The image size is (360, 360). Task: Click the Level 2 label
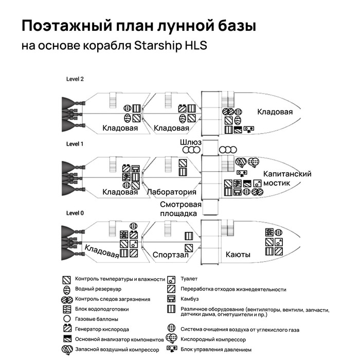tap(75, 79)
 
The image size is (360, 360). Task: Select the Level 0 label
tap(75, 213)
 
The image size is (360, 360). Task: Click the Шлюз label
tap(190, 142)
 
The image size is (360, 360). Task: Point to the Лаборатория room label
tap(172, 192)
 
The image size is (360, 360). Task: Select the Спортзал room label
tap(170, 255)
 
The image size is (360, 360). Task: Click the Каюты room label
tap(238, 255)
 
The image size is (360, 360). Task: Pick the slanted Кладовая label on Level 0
tap(102, 251)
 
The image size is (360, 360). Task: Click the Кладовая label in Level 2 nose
tap(275, 112)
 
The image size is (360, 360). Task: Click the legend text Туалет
tap(189, 279)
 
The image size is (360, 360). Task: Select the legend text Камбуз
tap(190, 299)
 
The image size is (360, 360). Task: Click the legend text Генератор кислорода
tap(102, 329)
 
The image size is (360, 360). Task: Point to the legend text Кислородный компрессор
tap(213, 339)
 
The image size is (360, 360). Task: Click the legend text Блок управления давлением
tap(216, 350)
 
